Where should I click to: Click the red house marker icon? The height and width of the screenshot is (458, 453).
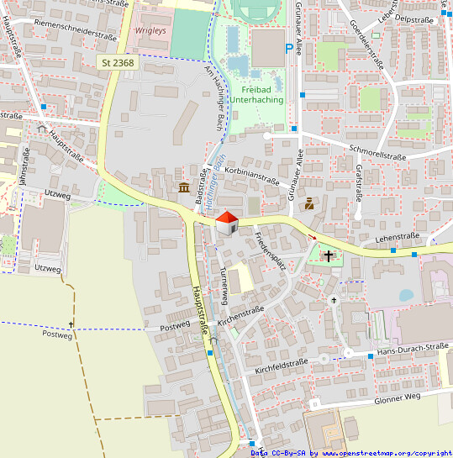pos(226,223)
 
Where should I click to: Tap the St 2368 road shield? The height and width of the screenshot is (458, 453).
pos(118,63)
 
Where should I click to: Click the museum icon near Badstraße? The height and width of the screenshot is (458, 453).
pos(183,187)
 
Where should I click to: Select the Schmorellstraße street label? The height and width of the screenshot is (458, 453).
pos(377,152)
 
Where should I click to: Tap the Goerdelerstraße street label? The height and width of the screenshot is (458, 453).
pos(365,45)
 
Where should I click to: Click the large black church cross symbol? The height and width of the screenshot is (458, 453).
pos(328,255)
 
